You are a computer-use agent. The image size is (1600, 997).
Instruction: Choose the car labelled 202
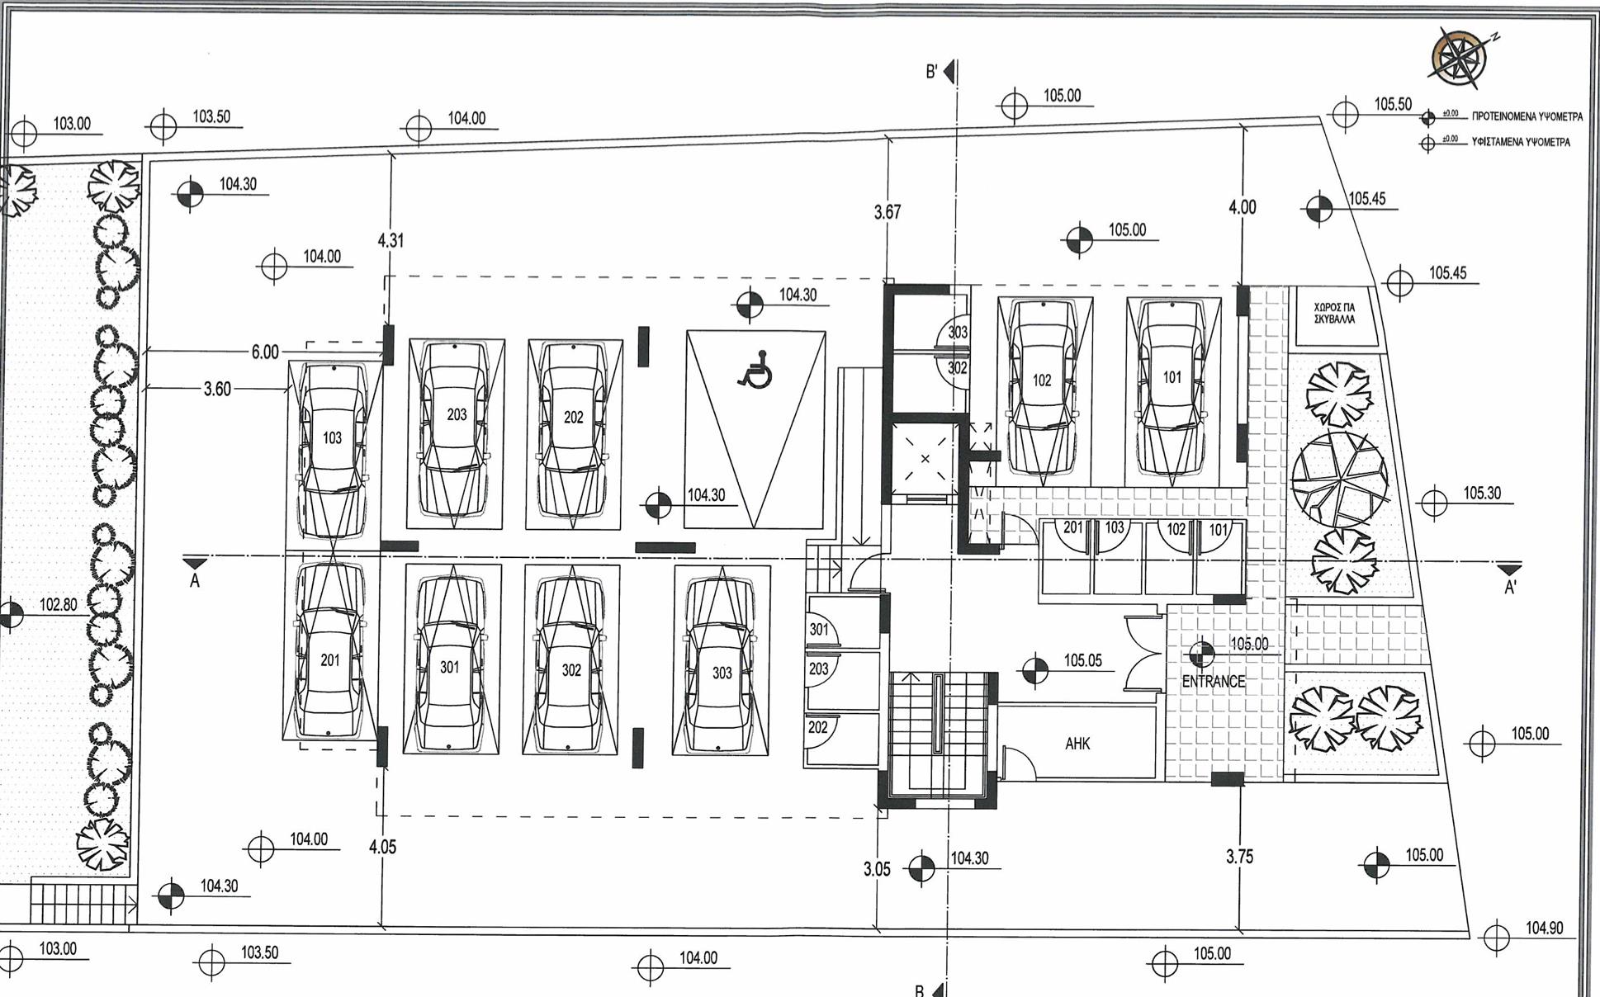573,433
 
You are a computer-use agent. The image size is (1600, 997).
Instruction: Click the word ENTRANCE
1213,682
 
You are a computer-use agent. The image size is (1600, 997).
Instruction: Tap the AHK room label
1077,744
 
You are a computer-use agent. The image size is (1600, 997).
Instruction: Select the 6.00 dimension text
265,352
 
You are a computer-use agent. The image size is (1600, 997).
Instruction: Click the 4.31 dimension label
391,241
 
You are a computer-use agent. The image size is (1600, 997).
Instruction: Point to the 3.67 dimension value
888,212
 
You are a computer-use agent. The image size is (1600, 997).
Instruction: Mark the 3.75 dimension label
1239,857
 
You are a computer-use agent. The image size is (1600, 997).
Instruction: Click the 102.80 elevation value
58,605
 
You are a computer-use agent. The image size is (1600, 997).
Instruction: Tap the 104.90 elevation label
1544,928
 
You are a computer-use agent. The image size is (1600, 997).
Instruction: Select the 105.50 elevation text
1393,104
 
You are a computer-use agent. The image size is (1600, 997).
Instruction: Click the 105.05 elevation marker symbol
1034,670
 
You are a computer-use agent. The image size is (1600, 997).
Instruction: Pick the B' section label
931,73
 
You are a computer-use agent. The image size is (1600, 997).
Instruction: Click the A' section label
1510,587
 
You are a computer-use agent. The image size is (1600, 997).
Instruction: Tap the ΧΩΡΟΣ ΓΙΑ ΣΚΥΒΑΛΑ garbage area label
1334,313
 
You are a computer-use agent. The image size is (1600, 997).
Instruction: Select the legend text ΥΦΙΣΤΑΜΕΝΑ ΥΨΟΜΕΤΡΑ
1521,142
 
